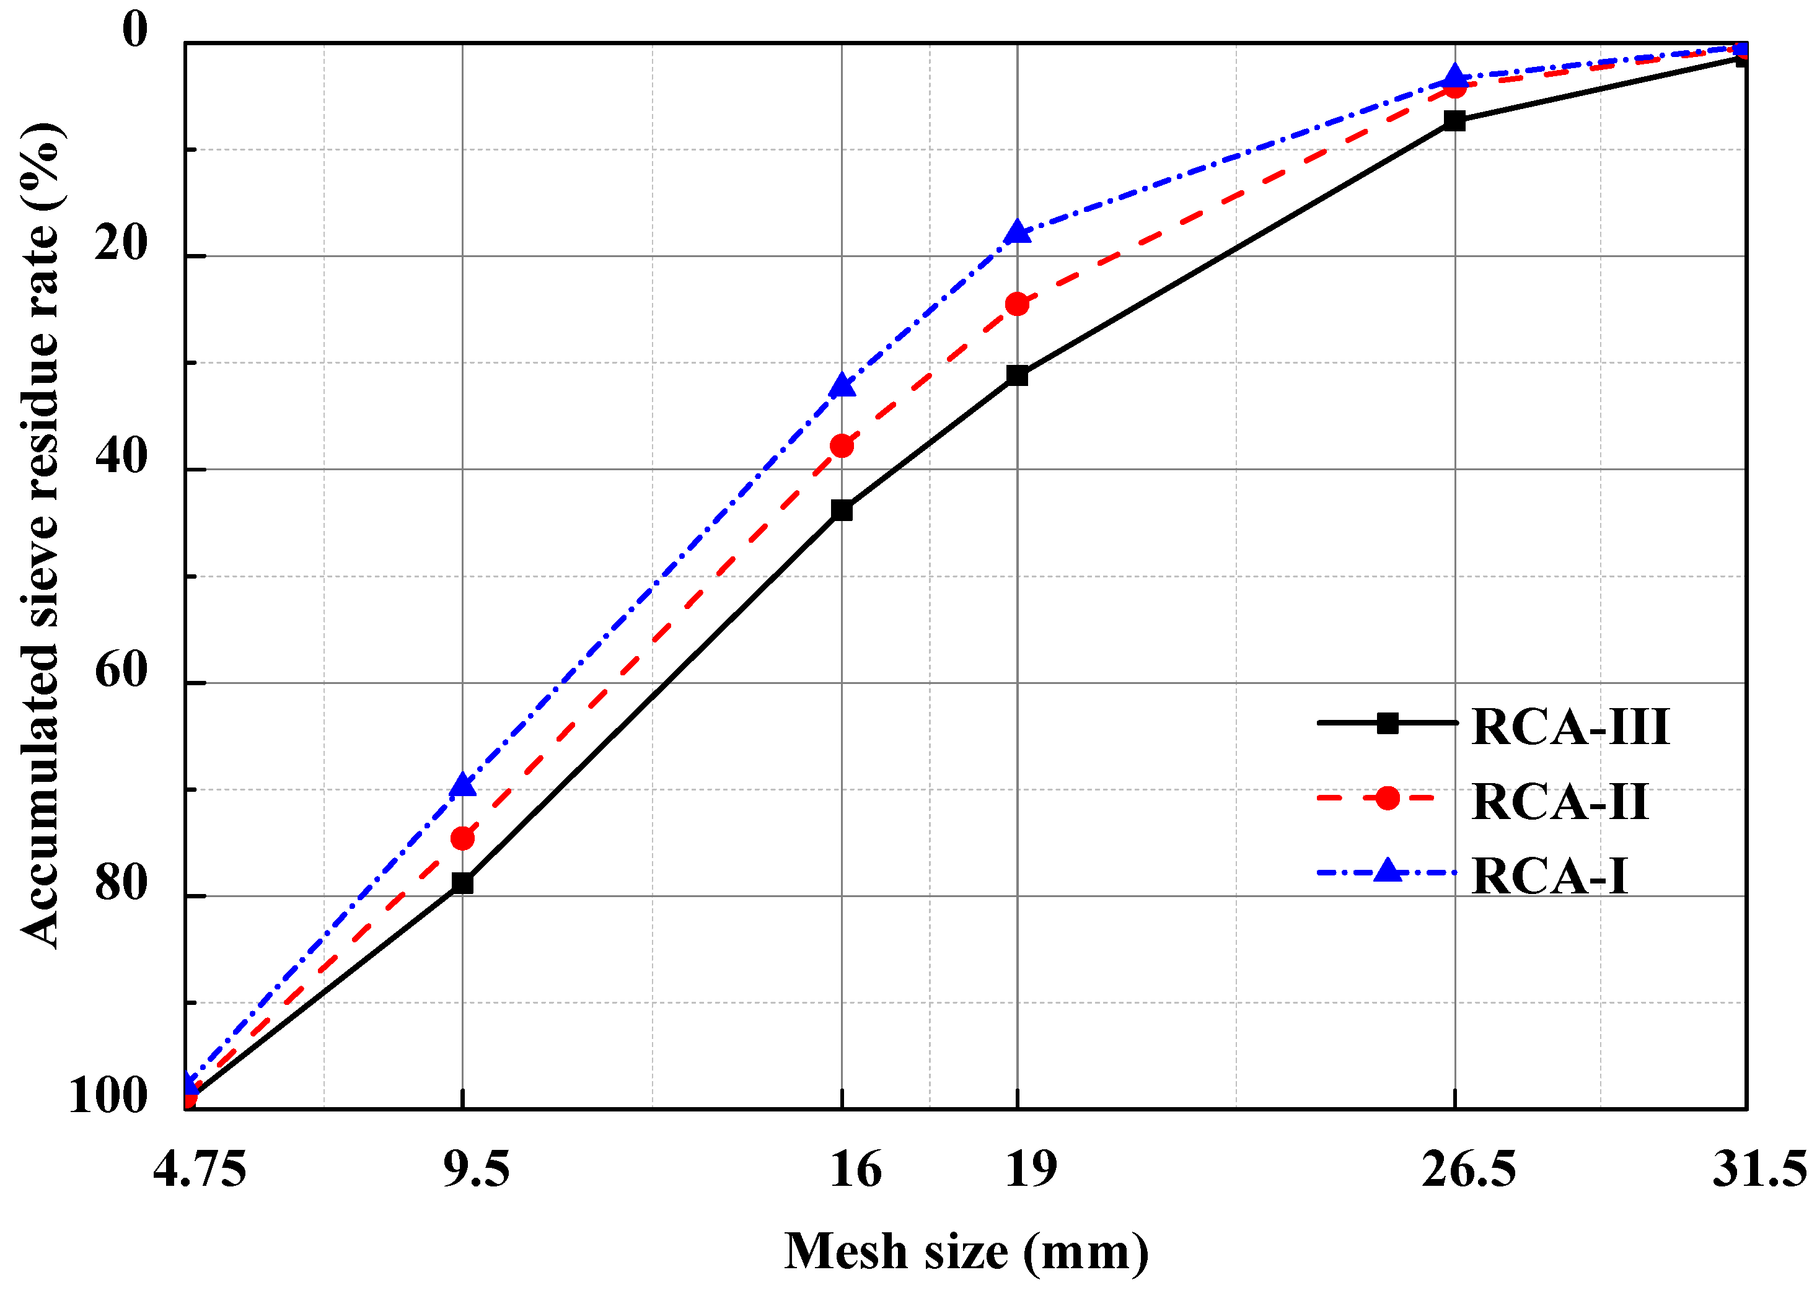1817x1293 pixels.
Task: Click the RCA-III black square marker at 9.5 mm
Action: [462, 883]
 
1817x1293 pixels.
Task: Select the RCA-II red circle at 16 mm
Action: [842, 446]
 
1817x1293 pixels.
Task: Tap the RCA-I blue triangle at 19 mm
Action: [1017, 232]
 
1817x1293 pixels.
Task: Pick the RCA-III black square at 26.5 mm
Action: [1454, 121]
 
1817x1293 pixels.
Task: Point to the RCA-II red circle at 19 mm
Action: [1017, 304]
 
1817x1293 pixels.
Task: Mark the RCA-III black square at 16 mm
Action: [842, 511]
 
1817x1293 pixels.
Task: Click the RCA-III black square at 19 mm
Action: [1017, 375]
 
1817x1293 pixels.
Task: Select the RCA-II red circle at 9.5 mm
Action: [462, 838]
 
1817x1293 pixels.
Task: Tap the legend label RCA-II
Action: [1559, 801]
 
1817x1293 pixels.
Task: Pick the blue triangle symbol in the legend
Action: [1387, 871]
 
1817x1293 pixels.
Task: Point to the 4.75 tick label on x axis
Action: [199, 1170]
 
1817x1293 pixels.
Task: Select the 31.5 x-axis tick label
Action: [1759, 1170]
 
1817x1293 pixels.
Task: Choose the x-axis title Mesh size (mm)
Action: [967, 1251]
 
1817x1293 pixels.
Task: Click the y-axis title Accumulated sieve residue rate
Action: [40, 535]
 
